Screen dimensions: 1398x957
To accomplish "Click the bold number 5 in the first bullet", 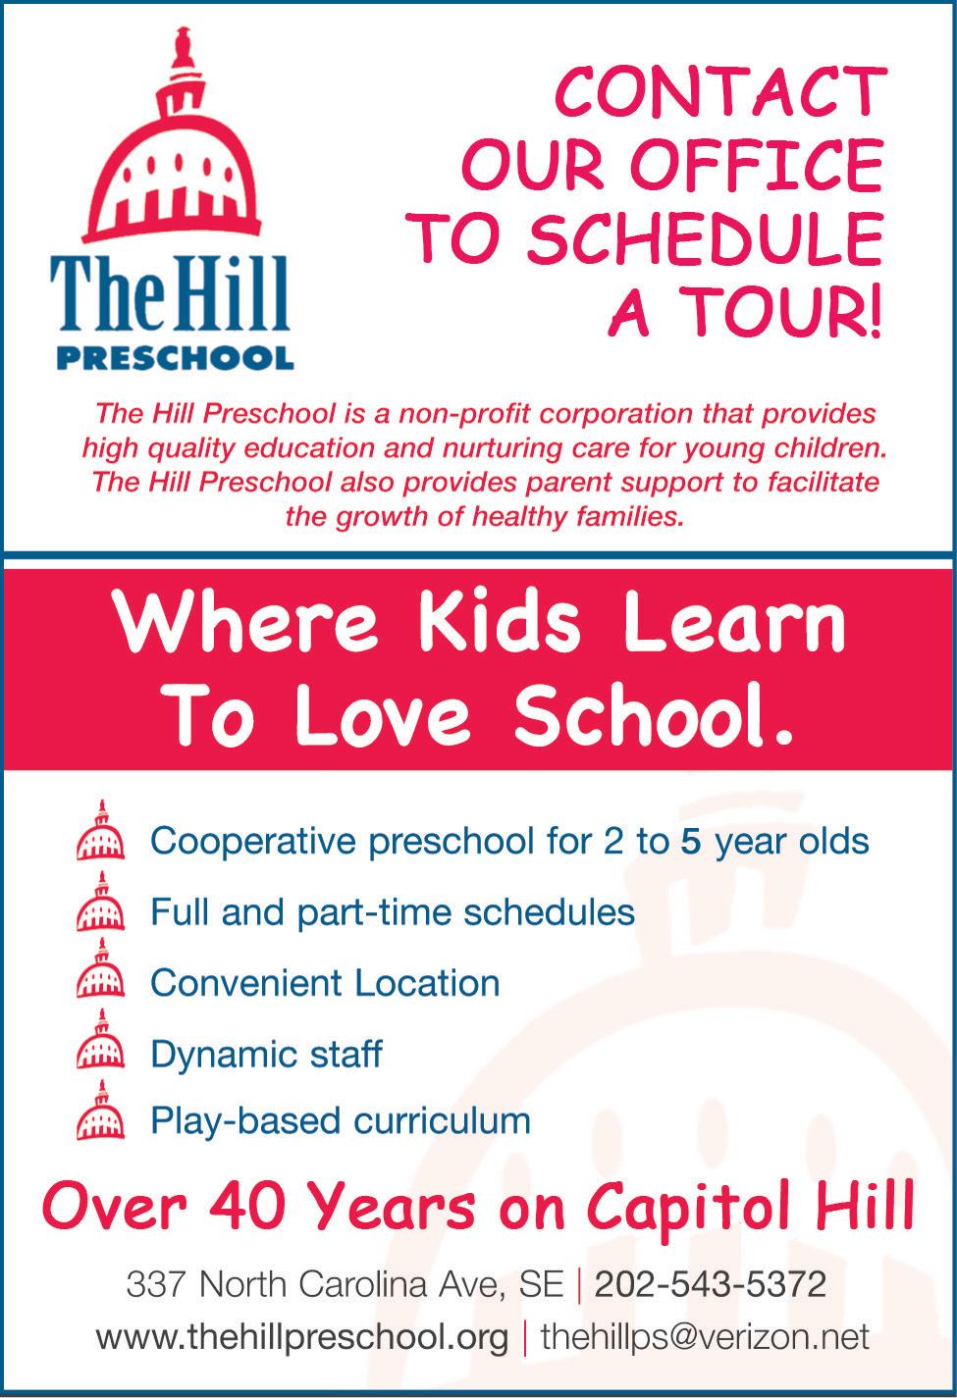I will (x=690, y=842).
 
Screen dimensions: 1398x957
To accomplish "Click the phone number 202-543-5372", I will (x=711, y=1283).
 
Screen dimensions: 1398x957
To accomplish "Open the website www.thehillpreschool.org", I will (x=302, y=1336).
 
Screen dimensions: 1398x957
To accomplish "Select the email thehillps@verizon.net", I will (x=705, y=1336).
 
